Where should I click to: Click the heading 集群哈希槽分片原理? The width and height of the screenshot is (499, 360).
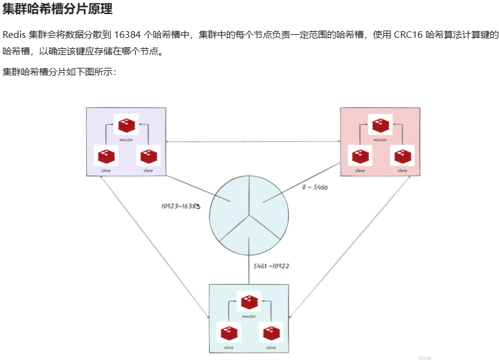[x=57, y=10]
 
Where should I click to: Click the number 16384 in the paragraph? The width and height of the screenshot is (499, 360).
[x=126, y=35]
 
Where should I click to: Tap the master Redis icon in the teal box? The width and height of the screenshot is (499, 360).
[x=248, y=302]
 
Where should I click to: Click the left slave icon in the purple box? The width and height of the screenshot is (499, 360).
[x=106, y=156]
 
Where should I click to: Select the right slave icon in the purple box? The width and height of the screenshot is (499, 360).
[x=147, y=156]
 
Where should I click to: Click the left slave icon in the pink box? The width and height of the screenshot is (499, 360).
[x=360, y=156]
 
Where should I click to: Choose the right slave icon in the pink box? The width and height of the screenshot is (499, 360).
[x=402, y=156]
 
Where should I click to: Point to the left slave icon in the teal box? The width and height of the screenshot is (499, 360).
[x=229, y=333]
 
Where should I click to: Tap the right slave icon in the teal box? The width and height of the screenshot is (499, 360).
[x=270, y=333]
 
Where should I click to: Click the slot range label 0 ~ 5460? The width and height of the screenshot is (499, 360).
[x=316, y=188]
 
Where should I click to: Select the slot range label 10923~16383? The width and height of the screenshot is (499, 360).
[x=181, y=206]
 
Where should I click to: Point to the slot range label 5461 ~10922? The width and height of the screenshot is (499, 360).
[x=271, y=266]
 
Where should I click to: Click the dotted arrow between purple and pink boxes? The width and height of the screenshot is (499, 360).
[x=253, y=142]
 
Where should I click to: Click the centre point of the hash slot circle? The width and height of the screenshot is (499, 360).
[x=248, y=216]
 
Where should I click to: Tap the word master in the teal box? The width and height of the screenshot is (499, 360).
[x=248, y=317]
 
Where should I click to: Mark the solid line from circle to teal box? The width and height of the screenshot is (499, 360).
[x=248, y=269]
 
